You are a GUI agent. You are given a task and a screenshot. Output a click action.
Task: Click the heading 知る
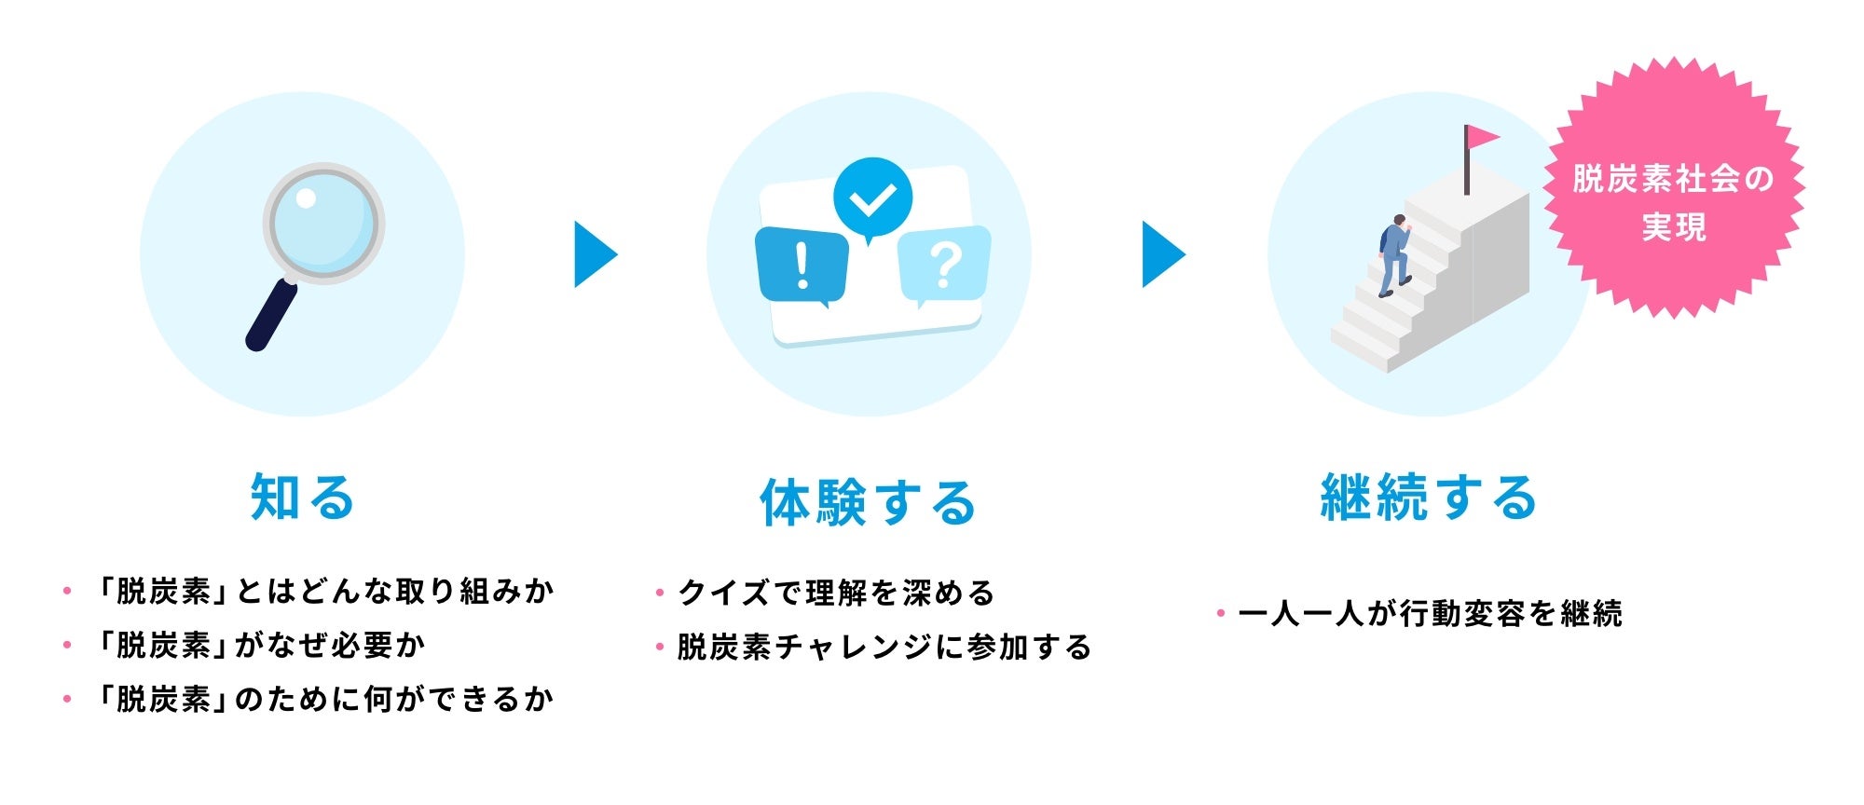tap(303, 497)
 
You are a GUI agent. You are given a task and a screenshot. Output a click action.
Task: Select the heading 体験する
tap(868, 502)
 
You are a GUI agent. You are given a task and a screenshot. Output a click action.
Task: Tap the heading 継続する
tap(1429, 497)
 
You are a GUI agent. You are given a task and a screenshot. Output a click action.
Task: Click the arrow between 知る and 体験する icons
tap(595, 254)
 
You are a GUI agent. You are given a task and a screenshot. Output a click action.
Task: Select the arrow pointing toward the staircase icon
tap(1162, 254)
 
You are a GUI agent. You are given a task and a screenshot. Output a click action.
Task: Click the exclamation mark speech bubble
tap(802, 266)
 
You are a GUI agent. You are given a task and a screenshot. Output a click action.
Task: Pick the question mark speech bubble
tap(943, 265)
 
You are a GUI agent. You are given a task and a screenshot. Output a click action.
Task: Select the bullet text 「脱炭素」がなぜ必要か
tap(261, 645)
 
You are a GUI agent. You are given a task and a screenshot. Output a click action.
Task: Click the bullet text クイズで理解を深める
tap(836, 593)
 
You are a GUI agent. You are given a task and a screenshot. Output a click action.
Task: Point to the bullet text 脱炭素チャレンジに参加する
tap(884, 647)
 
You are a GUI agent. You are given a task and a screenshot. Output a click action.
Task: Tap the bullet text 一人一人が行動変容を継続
tap(1430, 613)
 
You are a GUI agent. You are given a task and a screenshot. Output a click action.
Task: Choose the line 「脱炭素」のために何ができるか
tap(325, 699)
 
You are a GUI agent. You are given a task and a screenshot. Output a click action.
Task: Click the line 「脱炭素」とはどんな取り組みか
tap(325, 591)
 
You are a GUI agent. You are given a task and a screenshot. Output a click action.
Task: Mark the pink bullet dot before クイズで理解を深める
tap(660, 593)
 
